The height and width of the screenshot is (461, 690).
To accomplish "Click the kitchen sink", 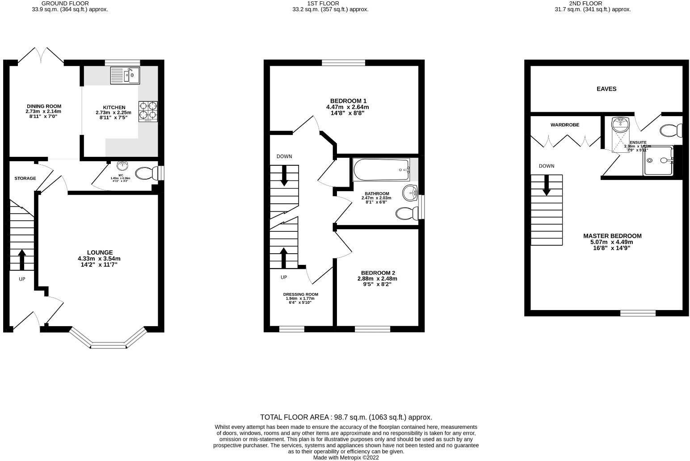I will pyautogui.click(x=125, y=75).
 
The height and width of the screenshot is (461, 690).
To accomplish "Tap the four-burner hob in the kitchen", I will pyautogui.click(x=148, y=111).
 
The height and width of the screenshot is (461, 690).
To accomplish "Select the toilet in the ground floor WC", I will pyautogui.click(x=145, y=173).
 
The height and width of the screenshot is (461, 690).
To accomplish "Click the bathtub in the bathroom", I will pyautogui.click(x=381, y=170).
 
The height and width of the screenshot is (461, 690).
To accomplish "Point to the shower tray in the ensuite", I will pyautogui.click(x=658, y=160).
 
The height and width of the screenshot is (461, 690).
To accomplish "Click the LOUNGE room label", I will pyautogui.click(x=99, y=252).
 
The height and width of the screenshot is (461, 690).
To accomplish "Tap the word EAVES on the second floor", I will pyautogui.click(x=606, y=89).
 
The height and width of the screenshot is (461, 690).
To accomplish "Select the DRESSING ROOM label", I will pyautogui.click(x=300, y=294).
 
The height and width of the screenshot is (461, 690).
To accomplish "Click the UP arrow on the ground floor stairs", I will pyautogui.click(x=21, y=259).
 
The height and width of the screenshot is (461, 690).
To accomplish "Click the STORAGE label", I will pyautogui.click(x=25, y=178).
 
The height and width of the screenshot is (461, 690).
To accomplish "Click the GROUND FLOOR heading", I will pyautogui.click(x=65, y=3).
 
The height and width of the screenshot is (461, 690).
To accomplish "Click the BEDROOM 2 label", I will pyautogui.click(x=378, y=273).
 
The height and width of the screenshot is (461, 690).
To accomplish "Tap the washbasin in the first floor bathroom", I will pyautogui.click(x=410, y=193).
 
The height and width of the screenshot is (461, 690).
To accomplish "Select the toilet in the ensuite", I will pyautogui.click(x=671, y=131).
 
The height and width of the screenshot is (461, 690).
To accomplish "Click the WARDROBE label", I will pyautogui.click(x=564, y=125).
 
